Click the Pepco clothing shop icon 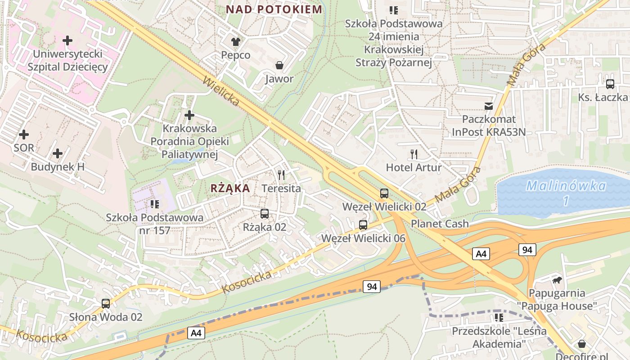pos(236,42)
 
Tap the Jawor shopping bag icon pos(279,66)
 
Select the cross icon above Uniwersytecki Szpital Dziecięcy pos(67,40)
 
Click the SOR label pos(24,148)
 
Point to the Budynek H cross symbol pos(58,153)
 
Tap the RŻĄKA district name pos(230,188)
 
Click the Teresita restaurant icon pos(282,175)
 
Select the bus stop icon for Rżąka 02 pos(265,214)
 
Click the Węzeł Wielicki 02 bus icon pos(384,193)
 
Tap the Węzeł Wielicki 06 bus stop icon pos(363,225)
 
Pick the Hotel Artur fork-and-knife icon pos(414,154)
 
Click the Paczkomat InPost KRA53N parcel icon pos(488,106)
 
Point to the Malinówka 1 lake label pos(566,193)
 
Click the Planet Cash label pos(440,224)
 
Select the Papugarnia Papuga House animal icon pos(557,280)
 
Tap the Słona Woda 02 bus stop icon pos(106,303)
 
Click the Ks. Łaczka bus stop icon pos(610,84)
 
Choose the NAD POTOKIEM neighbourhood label pos(274,9)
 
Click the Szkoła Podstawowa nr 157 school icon pos(155,204)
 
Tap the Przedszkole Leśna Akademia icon pos(499,318)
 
